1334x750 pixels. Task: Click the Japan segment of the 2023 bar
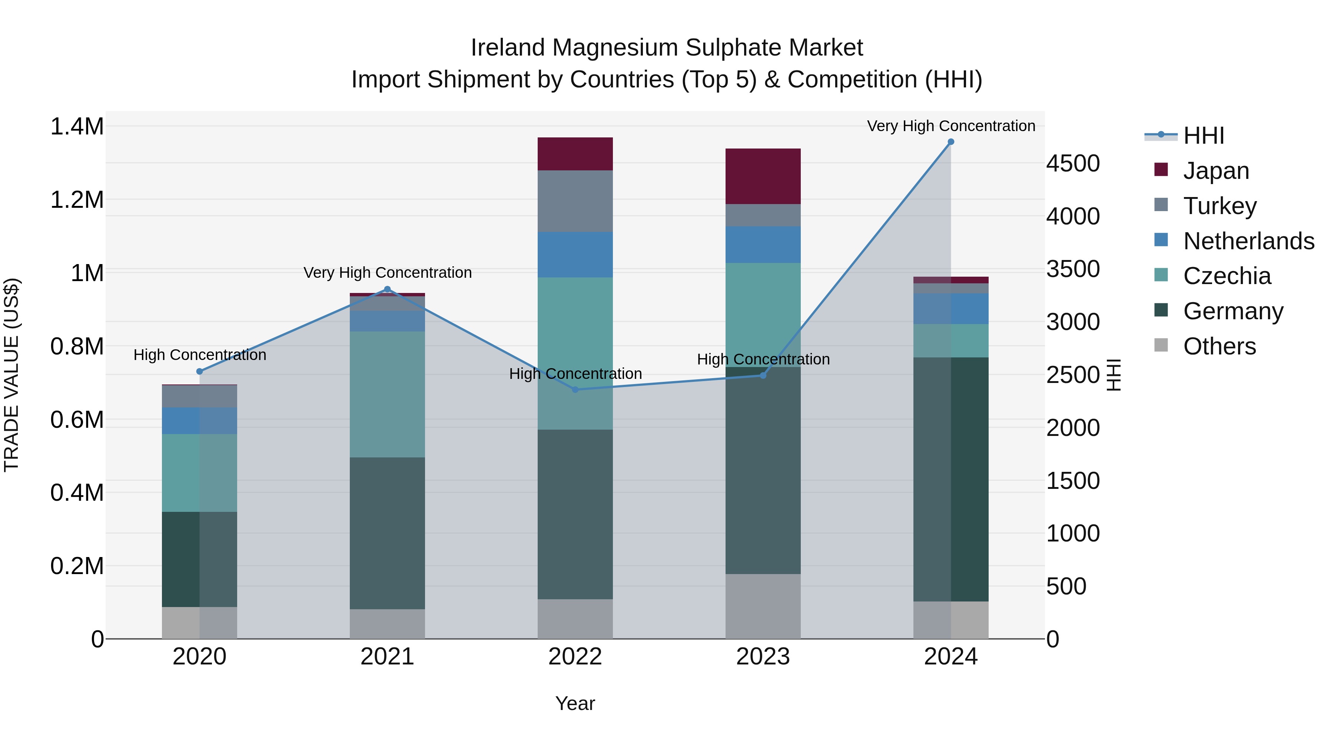click(x=763, y=176)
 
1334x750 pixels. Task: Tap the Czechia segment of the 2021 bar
click(x=387, y=394)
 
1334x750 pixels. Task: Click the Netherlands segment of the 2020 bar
click(x=199, y=420)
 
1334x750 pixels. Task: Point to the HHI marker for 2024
click(x=951, y=142)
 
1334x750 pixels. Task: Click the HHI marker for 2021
click(x=387, y=289)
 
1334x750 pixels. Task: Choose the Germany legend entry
click(x=1232, y=311)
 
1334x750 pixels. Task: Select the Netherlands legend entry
click(x=1248, y=241)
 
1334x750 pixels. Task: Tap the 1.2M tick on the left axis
click(x=77, y=200)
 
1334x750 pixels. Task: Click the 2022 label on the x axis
click(x=575, y=657)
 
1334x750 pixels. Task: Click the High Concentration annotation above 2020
click(x=200, y=355)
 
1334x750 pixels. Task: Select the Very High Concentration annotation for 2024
click(x=951, y=126)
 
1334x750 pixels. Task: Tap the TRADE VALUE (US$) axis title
click(x=11, y=375)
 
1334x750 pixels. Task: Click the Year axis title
click(x=575, y=703)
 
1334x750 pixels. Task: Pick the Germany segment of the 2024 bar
click(x=951, y=479)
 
